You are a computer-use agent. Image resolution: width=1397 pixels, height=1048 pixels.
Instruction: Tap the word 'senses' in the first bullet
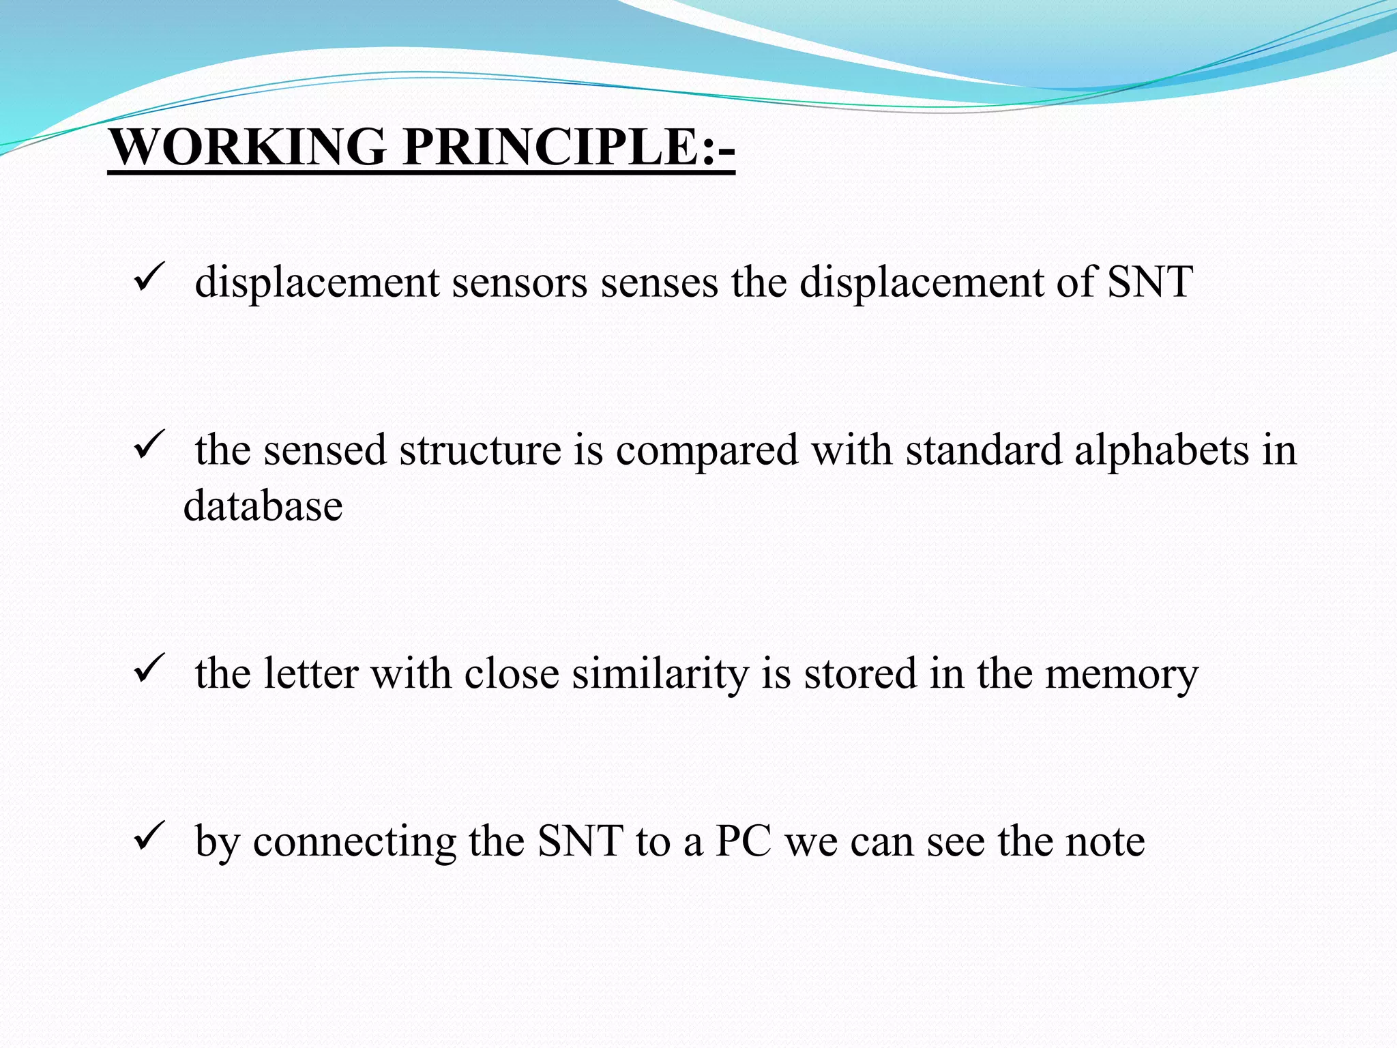659,282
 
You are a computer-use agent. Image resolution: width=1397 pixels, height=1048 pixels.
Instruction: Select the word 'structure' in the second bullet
480,450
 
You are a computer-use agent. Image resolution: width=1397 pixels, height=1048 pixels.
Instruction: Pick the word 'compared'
707,450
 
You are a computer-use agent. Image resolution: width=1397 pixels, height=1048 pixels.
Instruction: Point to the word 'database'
263,506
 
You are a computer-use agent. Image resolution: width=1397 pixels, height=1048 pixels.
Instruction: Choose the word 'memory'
1121,674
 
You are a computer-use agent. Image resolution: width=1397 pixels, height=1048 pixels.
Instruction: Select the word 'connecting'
354,841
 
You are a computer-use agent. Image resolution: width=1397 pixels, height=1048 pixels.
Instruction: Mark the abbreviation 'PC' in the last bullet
744,841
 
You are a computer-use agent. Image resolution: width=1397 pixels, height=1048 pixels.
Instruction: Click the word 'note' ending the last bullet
1105,841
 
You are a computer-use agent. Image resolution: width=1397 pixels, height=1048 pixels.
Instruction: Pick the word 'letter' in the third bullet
310,674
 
